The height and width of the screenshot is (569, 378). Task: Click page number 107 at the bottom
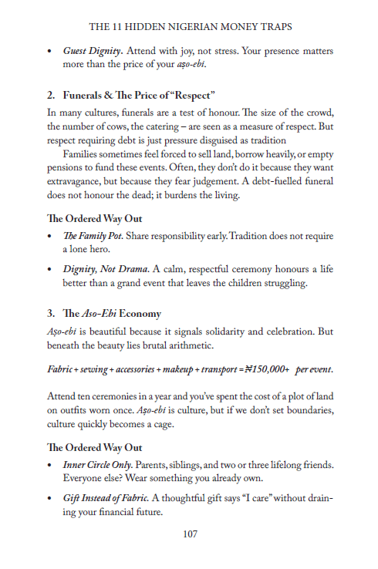189,534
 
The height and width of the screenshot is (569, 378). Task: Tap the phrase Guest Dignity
93,51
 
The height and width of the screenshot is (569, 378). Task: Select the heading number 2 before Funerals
51,96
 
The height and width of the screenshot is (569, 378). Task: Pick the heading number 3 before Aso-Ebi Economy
51,315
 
